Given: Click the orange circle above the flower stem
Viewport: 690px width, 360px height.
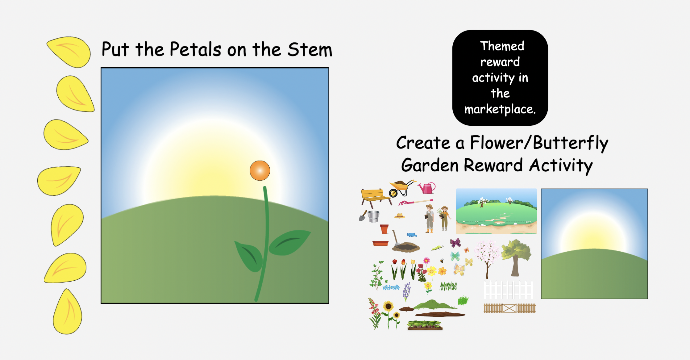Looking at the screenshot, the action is point(260,170).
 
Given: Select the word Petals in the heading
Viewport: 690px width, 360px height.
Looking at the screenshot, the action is point(195,49).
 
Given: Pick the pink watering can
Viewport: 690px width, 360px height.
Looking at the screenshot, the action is point(427,188).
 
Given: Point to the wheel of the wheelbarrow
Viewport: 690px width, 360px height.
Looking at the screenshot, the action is point(393,193).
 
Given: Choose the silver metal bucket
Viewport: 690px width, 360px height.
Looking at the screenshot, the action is point(373,216).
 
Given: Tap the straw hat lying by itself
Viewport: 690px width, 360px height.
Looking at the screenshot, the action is point(400,216).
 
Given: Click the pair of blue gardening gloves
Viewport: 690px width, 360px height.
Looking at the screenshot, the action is point(412,235).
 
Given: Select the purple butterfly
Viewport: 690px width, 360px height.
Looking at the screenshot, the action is point(455,243).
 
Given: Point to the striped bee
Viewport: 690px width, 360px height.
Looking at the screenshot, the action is point(442,261).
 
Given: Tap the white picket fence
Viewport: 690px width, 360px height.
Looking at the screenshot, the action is point(508,290).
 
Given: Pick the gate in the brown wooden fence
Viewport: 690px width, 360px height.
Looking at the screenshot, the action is point(509,308).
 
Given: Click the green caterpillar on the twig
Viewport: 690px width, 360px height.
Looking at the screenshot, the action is point(437,248).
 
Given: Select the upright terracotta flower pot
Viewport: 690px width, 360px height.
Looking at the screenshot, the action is point(384,229).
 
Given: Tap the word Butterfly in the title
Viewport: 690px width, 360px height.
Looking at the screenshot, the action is point(571,143).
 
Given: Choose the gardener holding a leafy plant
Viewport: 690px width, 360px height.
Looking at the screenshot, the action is point(444,218).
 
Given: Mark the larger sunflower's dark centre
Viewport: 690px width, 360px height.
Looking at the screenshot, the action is point(388,307).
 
